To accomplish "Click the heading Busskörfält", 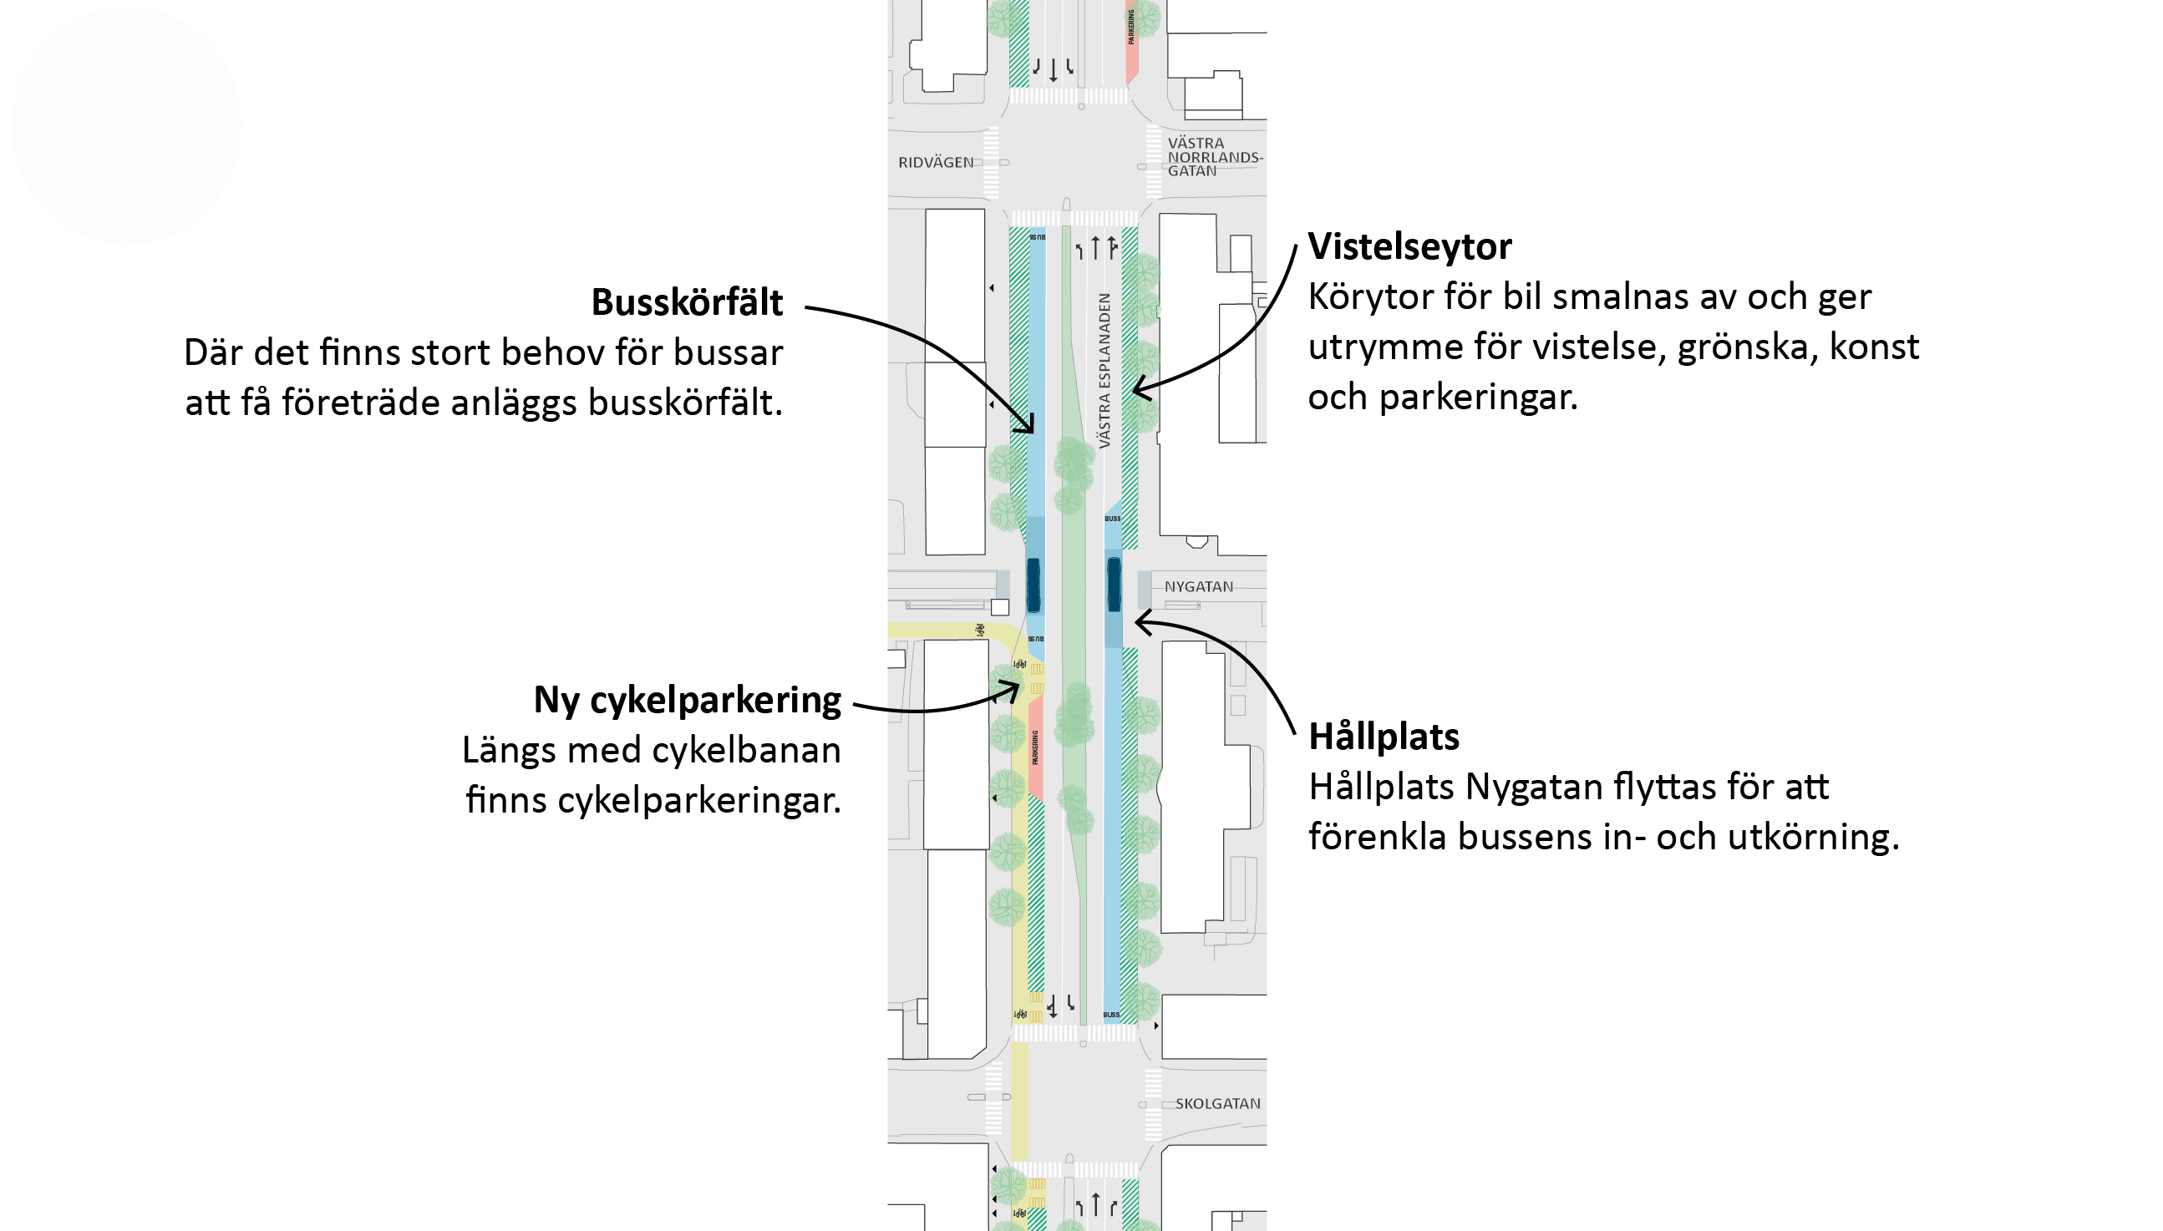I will (x=687, y=302).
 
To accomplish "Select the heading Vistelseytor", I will (x=1409, y=247).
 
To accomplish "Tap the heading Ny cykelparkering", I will (x=687, y=700).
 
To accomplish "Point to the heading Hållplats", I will (x=1384, y=737).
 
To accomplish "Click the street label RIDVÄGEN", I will (x=935, y=162).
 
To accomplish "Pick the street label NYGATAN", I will (x=1198, y=587).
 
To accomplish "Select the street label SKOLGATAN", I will (x=1216, y=1103).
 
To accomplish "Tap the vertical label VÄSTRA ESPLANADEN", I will (x=1104, y=370).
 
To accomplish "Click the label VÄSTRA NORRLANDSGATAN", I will (x=1214, y=157).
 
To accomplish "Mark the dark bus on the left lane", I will (x=1033, y=585).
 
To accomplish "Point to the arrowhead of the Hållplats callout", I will (x=1139, y=623).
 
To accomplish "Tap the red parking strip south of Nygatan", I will (x=1035, y=748).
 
